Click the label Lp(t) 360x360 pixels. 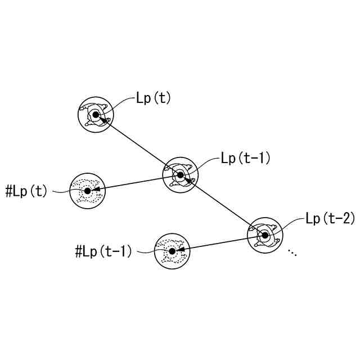coord(153,98)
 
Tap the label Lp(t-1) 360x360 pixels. coord(246,158)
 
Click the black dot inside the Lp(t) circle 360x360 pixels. coord(96,115)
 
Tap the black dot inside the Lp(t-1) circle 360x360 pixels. coord(180,175)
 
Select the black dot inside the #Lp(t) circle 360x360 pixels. coord(87,191)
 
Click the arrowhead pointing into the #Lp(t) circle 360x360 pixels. coord(96,189)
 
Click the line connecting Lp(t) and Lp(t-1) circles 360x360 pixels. coord(138,145)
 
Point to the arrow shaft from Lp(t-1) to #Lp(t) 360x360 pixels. coord(135,183)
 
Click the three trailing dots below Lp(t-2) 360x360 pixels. coord(292,253)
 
